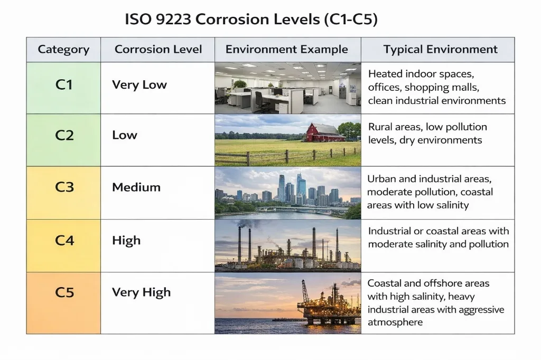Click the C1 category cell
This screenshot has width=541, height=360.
(x=63, y=85)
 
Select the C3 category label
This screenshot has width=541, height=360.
(x=63, y=188)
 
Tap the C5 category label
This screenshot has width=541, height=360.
(x=63, y=293)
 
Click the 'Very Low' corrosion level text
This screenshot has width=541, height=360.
(x=139, y=85)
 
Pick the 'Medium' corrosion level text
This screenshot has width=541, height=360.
(x=136, y=188)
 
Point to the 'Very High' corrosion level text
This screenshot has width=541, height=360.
(x=141, y=293)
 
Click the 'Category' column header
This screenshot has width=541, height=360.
(x=63, y=50)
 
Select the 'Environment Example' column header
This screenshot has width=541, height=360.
(x=287, y=50)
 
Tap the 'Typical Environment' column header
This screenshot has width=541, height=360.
(x=440, y=50)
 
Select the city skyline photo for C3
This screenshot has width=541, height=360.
(x=287, y=193)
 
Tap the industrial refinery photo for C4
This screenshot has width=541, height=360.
(x=287, y=245)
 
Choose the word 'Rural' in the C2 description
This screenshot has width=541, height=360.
(x=381, y=127)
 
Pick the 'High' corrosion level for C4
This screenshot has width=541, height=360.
(x=126, y=241)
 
